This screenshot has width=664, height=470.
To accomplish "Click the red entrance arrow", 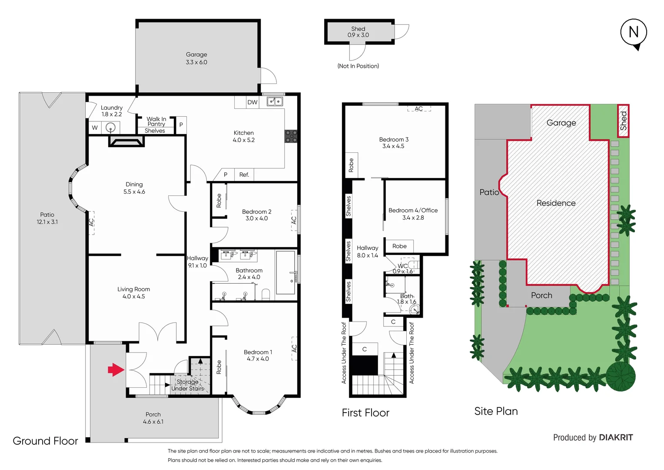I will (116, 369).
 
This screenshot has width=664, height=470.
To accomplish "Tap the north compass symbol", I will (634, 33).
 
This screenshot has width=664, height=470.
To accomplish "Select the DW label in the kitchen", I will (252, 102).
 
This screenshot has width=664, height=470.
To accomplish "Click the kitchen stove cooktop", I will (291, 136).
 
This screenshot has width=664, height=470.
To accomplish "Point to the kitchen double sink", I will (275, 101).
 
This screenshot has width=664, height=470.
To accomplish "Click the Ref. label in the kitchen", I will (244, 175).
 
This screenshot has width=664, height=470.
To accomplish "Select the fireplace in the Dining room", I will (126, 141).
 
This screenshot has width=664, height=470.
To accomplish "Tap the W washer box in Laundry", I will (95, 128).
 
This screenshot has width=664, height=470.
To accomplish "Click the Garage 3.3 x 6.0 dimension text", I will (196, 62).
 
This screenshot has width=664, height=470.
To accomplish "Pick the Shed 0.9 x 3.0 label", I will (358, 32).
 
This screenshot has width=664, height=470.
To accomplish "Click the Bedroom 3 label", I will (394, 139).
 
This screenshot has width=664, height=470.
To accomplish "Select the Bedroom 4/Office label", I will (413, 210).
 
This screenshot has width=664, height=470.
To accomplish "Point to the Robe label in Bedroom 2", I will (219, 201).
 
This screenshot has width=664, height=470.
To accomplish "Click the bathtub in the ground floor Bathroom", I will (286, 272).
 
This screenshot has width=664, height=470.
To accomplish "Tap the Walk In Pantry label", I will (156, 121).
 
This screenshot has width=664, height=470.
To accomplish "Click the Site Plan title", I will (496, 411).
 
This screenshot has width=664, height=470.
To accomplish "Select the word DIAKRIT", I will (616, 437).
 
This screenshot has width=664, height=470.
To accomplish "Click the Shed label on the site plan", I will (623, 121).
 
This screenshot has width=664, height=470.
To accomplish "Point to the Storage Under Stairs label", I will (187, 385).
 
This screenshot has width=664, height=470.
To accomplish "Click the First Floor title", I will (365, 413).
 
